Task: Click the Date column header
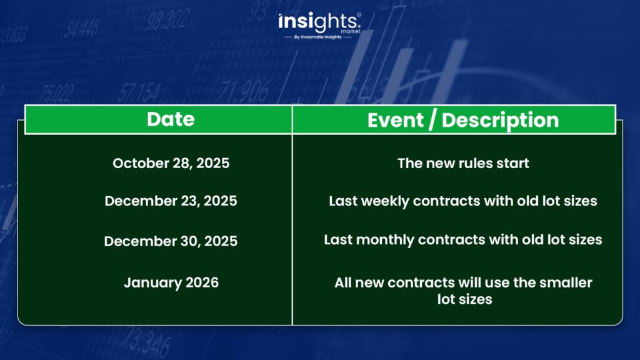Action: pos(171,119)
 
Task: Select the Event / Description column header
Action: pos(463,120)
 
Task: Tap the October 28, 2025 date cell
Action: pos(171,163)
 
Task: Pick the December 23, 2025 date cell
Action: pos(171,201)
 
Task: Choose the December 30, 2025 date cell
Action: pos(171,241)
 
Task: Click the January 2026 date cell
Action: pos(171,282)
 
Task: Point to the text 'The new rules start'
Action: pos(463,163)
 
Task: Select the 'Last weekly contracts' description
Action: pos(463,201)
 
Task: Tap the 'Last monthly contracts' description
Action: pos(463,239)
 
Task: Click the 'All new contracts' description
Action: pos(463,291)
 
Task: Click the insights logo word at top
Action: pos(317,22)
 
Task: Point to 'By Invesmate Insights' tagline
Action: pos(317,37)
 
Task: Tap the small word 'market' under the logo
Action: pos(351,31)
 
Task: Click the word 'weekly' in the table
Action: pos(384,201)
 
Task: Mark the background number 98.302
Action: pos(167,21)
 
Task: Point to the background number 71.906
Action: pos(244,91)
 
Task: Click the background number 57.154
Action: pos(139,92)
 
